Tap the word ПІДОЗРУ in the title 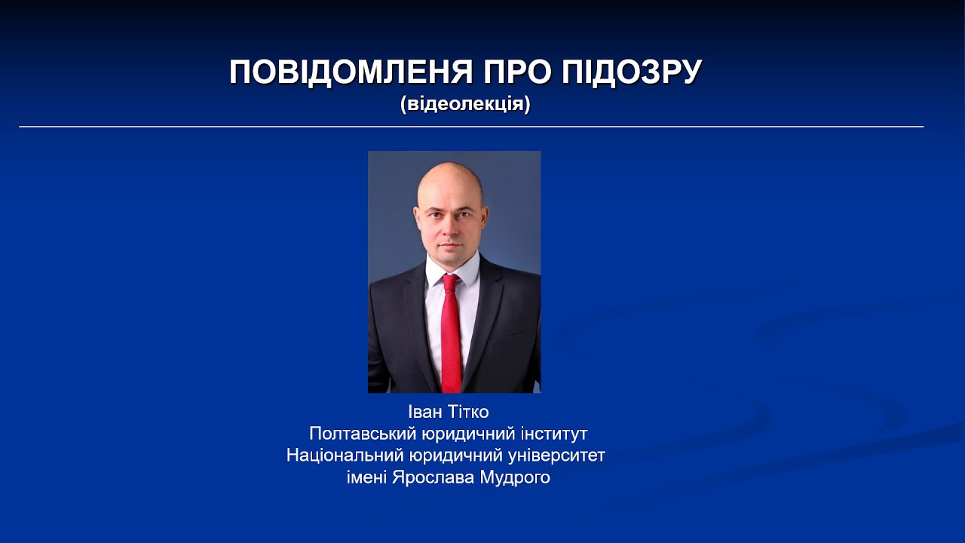633,72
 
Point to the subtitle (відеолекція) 465,104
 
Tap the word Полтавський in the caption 355,434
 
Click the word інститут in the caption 553,434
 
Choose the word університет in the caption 559,456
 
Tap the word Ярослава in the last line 433,478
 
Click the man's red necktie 451,339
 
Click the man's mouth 450,244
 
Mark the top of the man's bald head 451,166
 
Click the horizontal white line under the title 471,127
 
